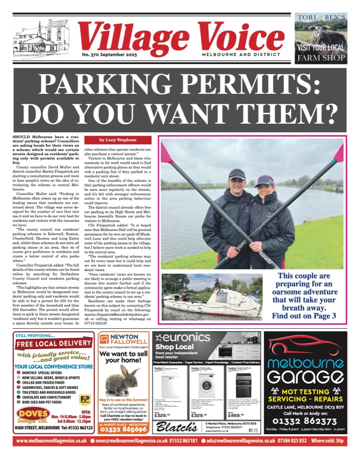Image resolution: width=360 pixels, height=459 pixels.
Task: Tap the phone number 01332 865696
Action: coord(123,431)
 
